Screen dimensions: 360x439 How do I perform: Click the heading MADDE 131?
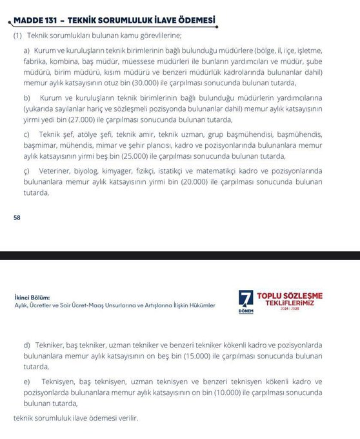tap(35, 21)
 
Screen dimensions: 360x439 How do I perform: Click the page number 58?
tap(17, 218)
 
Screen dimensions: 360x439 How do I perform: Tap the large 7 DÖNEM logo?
tap(246, 301)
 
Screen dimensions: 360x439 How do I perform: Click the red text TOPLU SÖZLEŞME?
tap(290, 296)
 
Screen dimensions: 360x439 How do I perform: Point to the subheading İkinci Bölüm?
tap(32, 297)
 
